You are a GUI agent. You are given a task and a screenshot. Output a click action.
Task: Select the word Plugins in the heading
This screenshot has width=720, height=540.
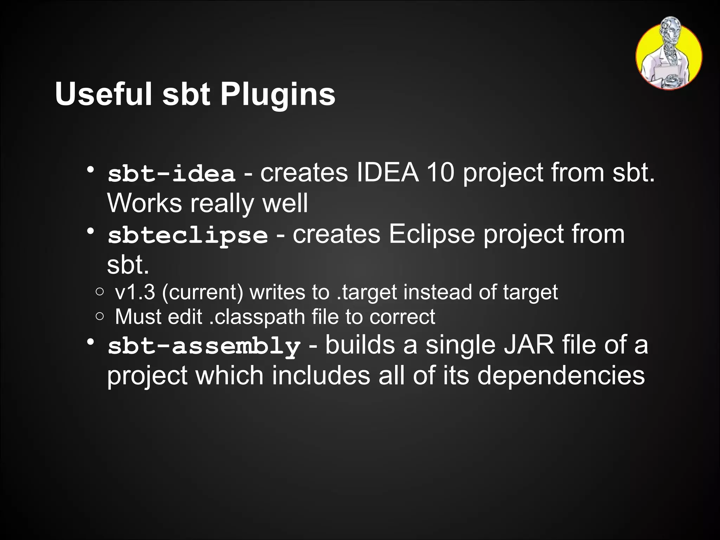(278, 94)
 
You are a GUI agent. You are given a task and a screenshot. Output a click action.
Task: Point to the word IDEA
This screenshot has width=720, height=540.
(387, 173)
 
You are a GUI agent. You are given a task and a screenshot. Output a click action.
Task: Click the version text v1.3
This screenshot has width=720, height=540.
(135, 292)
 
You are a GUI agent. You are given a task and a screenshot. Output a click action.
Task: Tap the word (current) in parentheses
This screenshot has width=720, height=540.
(202, 292)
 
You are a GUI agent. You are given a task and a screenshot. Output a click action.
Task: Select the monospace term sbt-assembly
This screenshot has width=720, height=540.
(204, 346)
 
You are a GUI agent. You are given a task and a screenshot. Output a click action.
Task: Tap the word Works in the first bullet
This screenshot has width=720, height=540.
(144, 203)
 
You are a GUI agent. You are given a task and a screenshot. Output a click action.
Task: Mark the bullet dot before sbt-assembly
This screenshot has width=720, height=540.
(91, 342)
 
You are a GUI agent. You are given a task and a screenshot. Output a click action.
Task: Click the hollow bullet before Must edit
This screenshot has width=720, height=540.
(99, 316)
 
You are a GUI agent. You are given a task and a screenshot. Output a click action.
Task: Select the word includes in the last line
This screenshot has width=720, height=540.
(321, 375)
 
